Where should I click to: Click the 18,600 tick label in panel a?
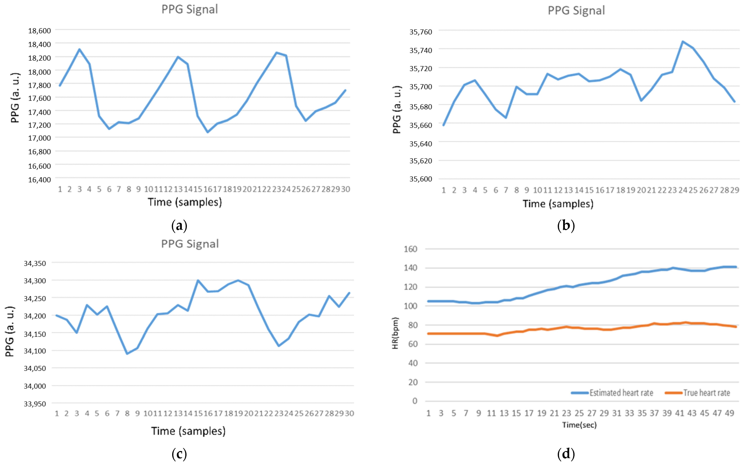coord(39,31)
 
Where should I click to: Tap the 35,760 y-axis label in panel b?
coord(420,32)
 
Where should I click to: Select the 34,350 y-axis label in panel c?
coord(35,263)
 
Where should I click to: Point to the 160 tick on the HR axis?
coord(410,249)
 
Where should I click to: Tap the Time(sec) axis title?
coord(579,425)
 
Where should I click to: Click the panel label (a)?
coord(179,226)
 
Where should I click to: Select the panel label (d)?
coord(566,454)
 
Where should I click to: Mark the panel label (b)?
coord(566,226)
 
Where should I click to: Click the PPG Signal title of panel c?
coord(190,244)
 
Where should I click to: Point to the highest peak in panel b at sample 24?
coord(683,41)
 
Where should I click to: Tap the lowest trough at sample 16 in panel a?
coord(208,132)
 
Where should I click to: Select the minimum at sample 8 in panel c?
coord(127,354)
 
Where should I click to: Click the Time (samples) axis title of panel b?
coord(558,204)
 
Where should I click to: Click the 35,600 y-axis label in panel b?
coord(420,179)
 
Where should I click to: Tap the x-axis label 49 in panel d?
coord(729,413)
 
